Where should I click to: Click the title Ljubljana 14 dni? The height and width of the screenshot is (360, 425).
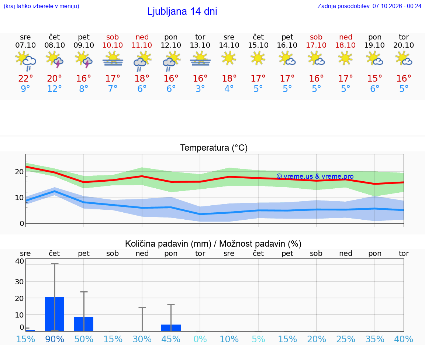pyautogui.click(x=182, y=12)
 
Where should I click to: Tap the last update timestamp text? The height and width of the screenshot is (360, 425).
pyautogui.click(x=369, y=6)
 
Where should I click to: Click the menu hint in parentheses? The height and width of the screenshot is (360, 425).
pyautogui.click(x=41, y=6)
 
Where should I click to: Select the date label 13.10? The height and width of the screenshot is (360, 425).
pyautogui.click(x=200, y=45)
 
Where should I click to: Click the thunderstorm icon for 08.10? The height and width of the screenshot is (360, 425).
pyautogui.click(x=55, y=60)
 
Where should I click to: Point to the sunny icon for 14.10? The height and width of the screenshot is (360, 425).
pyautogui.click(x=229, y=58)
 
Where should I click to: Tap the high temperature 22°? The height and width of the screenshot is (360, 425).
pyautogui.click(x=25, y=79)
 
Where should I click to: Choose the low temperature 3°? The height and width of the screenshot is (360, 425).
pyautogui.click(x=200, y=89)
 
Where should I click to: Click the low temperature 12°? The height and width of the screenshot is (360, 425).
pyautogui.click(x=55, y=89)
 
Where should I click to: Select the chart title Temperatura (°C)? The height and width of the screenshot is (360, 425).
pyautogui.click(x=214, y=148)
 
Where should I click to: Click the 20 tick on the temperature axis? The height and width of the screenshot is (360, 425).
pyautogui.click(x=19, y=172)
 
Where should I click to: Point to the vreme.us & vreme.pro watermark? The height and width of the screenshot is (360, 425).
pyautogui.click(x=315, y=176)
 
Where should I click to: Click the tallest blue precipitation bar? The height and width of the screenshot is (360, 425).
pyautogui.click(x=55, y=314)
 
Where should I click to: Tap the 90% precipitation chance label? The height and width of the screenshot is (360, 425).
pyautogui.click(x=55, y=339)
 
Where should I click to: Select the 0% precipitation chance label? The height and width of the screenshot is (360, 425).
pyautogui.click(x=200, y=339)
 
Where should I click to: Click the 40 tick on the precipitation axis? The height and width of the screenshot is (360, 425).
pyautogui.click(x=20, y=261)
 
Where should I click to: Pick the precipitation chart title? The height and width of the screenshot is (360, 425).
pyautogui.click(x=213, y=244)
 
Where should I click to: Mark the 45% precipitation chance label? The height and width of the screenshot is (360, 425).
pyautogui.click(x=171, y=339)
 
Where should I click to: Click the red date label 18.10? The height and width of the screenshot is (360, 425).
pyautogui.click(x=345, y=45)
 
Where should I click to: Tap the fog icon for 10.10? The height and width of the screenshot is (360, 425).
pyautogui.click(x=113, y=60)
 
